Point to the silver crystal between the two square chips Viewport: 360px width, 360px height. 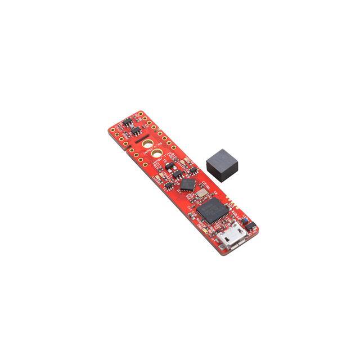[x=199, y=193]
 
